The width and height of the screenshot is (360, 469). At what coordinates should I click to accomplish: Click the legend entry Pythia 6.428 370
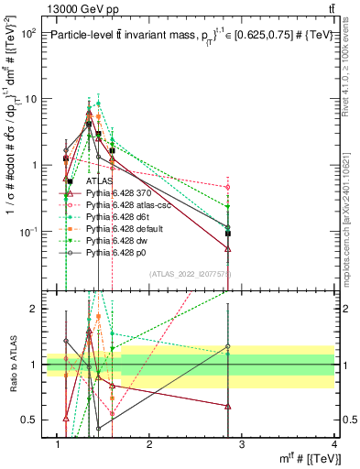tap(108, 193)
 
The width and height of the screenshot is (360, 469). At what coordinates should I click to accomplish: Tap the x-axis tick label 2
tap(150, 446)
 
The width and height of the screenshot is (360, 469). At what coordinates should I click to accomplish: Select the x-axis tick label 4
tap(336, 446)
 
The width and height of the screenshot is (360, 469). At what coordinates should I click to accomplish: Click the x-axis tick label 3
tap(243, 446)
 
